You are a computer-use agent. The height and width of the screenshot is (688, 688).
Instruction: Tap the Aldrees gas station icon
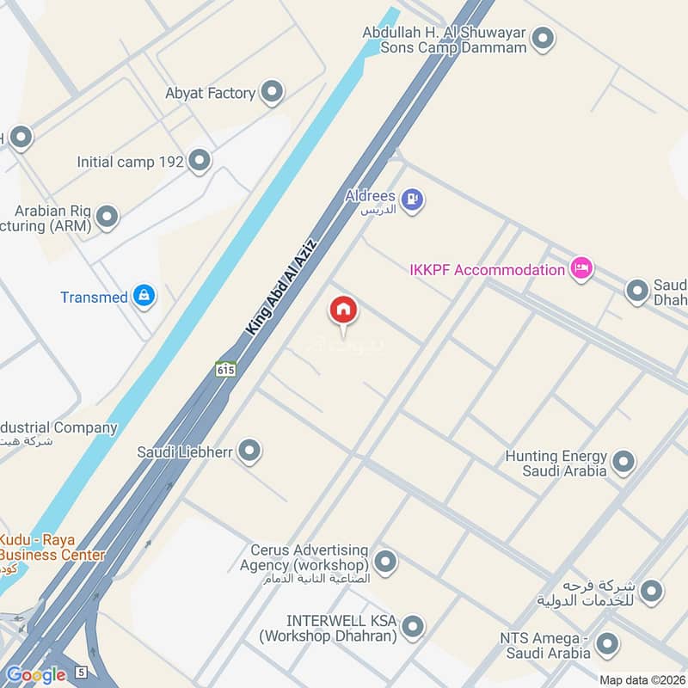413,200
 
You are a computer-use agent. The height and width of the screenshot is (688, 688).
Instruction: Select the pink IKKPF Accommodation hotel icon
580,270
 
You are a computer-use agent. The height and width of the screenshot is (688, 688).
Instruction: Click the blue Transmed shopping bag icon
144,297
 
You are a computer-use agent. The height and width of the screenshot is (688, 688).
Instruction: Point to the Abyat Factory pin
272,92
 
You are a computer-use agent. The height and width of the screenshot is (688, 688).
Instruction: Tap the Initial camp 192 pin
200,161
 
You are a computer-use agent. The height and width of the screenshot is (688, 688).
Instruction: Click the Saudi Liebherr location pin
249,450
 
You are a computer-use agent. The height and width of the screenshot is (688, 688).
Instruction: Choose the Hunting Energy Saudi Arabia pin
623,462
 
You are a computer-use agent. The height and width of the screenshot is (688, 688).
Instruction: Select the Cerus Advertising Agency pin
385,562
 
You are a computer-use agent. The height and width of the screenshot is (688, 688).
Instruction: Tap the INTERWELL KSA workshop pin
414,626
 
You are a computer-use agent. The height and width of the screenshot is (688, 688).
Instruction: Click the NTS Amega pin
608,644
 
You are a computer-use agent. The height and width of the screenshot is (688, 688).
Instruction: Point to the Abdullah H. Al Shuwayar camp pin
542,38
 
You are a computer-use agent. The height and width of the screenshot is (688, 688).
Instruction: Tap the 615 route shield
225,369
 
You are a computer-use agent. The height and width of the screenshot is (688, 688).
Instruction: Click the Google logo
36,675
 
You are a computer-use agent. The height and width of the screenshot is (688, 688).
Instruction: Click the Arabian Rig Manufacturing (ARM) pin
107,217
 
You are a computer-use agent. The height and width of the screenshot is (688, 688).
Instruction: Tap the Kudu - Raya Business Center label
52,547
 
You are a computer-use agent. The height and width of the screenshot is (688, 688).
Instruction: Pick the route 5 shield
81,672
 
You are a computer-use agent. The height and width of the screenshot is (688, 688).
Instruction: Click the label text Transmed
93,298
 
